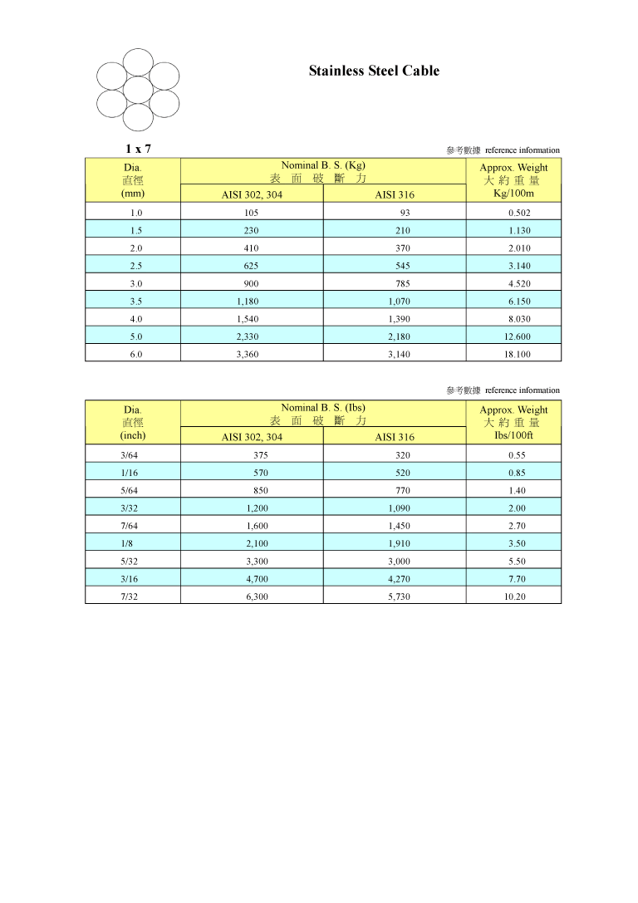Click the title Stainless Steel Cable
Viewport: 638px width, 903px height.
(x=374, y=71)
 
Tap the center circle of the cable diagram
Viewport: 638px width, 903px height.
(x=138, y=90)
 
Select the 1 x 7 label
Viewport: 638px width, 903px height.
(x=138, y=150)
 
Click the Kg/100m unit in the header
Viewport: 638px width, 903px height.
(x=513, y=194)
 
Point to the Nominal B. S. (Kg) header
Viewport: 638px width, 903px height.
(x=323, y=165)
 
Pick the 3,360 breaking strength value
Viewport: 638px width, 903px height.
(x=251, y=354)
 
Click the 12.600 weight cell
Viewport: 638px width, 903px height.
(x=519, y=336)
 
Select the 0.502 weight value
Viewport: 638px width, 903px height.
(x=519, y=213)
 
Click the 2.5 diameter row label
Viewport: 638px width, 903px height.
(x=136, y=266)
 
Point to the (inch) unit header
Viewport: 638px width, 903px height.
(x=133, y=435)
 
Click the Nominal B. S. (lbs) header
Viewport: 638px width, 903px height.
(x=323, y=408)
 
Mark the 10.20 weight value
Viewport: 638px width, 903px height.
(x=515, y=596)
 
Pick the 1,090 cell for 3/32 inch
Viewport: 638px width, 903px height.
(x=399, y=508)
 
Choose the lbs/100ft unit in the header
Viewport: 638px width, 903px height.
(x=513, y=435)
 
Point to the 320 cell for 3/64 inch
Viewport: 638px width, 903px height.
(x=403, y=455)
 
